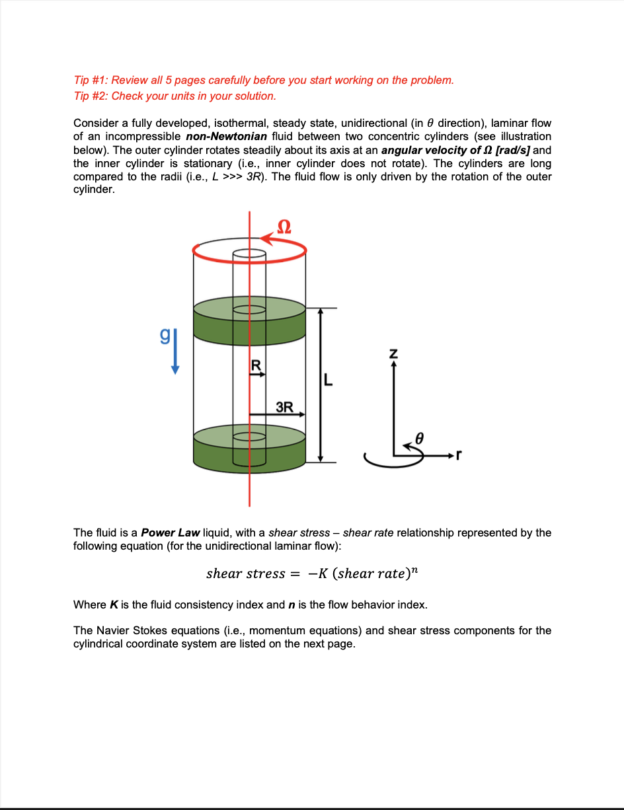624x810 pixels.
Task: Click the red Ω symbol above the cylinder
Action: tap(283, 227)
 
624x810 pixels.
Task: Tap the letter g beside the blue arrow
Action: tap(165, 337)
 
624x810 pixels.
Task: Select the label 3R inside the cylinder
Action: tap(284, 406)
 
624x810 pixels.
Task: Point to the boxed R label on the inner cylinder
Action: tap(256, 365)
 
